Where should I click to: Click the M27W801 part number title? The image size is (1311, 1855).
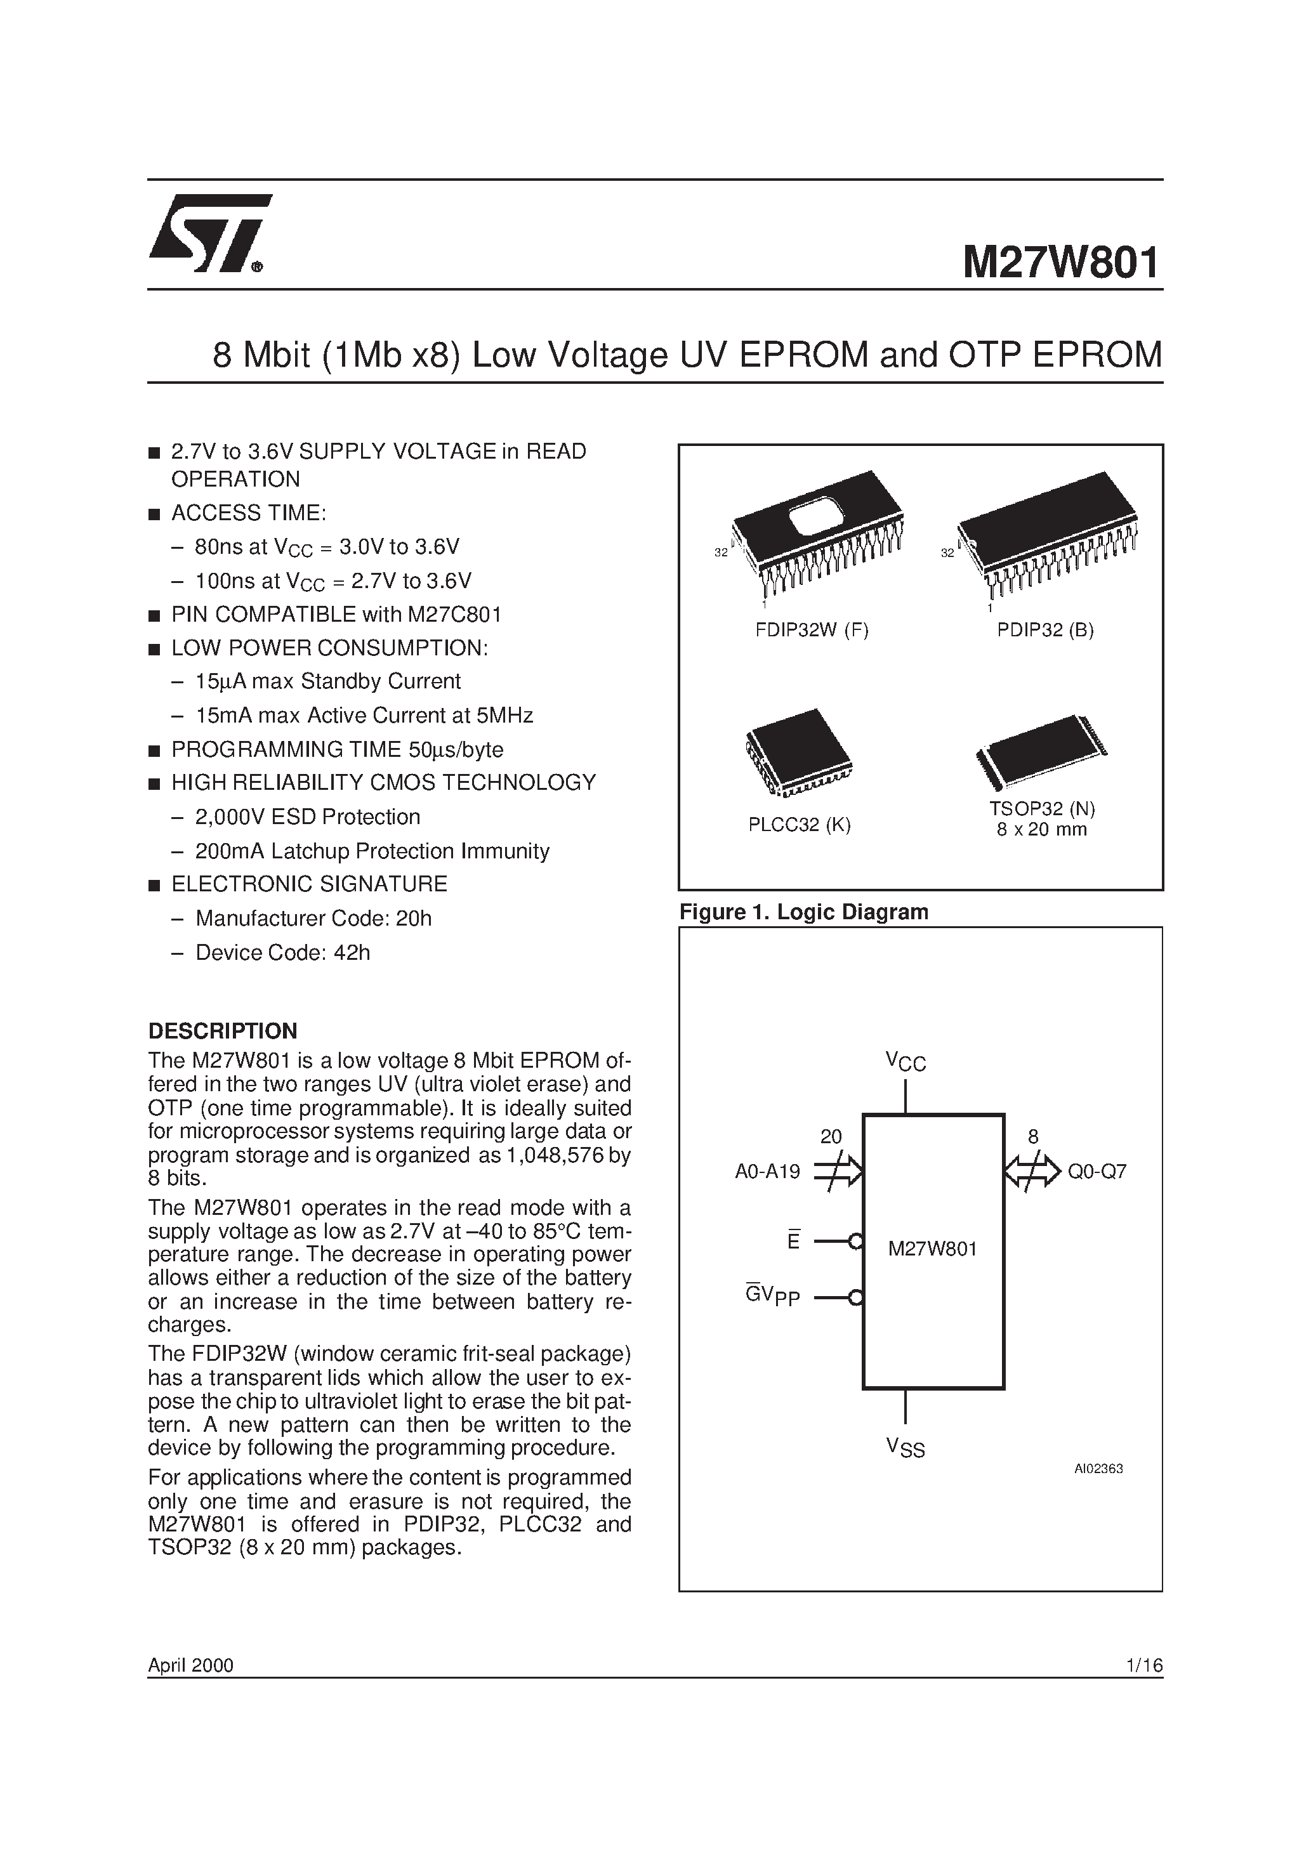pos(1060,263)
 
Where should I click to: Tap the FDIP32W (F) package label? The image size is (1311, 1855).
pos(812,630)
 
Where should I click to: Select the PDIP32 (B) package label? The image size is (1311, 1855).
pos(1045,630)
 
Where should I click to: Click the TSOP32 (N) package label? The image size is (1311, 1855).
pos(1042,809)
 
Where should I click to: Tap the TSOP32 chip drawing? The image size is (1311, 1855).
pos(1041,751)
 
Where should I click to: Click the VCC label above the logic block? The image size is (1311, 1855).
pos(906,1061)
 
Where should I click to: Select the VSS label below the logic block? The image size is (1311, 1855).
pos(906,1448)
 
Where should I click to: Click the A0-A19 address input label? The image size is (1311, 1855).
pos(767,1172)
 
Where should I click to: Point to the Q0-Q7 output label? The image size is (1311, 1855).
pos(1097,1172)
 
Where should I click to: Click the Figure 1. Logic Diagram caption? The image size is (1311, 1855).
pos(803,912)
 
